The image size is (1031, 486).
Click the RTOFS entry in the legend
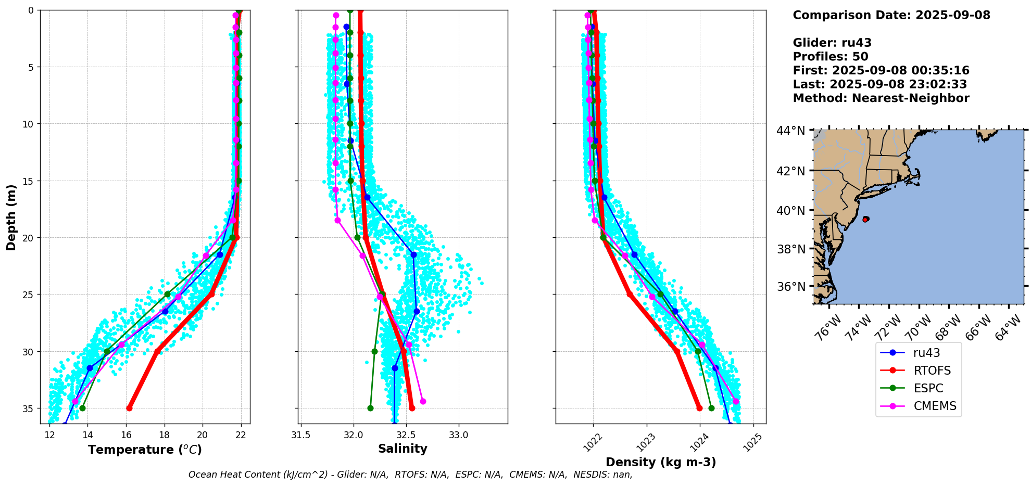[932, 370]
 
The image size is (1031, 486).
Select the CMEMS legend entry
[935, 406]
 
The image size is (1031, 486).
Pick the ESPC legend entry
[928, 388]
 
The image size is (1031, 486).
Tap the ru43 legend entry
[926, 353]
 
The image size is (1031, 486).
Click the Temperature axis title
[145, 450]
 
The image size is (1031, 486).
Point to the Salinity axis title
[403, 449]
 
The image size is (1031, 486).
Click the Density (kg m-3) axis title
[661, 462]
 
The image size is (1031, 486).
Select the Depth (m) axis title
[11, 218]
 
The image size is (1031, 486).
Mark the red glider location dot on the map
[865, 219]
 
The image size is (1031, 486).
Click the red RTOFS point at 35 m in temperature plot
[129, 408]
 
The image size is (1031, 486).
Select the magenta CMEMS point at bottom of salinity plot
[423, 401]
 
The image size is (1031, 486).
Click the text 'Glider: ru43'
[832, 43]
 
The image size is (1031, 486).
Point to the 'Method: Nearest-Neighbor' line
[881, 98]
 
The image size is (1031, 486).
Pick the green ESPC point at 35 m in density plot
[711, 408]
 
